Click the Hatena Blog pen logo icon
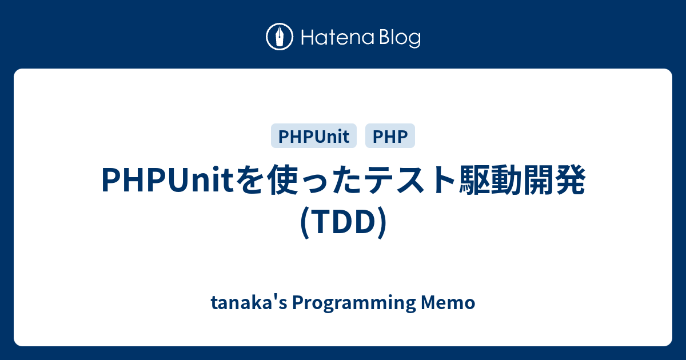point(280,37)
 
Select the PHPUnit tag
point(314,136)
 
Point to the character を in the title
point(246,181)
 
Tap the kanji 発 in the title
point(572,181)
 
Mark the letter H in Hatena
point(306,38)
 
